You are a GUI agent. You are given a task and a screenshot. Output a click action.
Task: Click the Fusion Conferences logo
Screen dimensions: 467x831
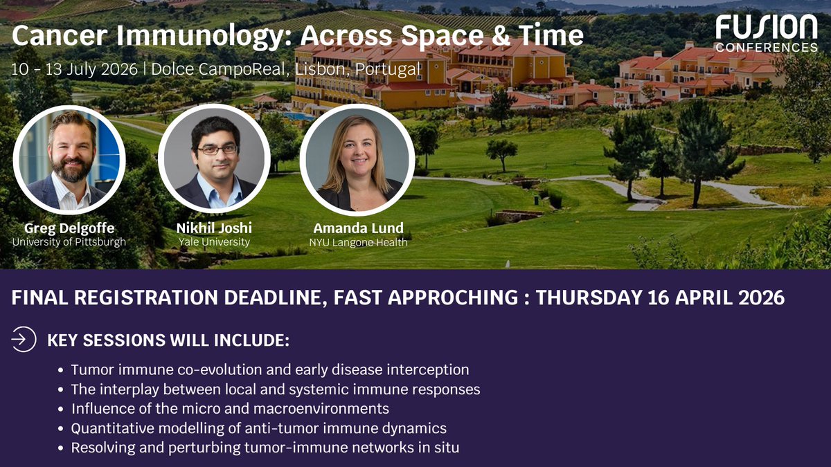pyautogui.click(x=767, y=34)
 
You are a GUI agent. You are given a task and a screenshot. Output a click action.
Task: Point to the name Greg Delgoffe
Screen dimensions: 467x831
pyautogui.click(x=69, y=228)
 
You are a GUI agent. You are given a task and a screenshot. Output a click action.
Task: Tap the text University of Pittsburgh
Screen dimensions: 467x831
pyautogui.click(x=69, y=242)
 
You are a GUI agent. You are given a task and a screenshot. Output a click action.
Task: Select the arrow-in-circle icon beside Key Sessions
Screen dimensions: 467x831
pyautogui.click(x=24, y=340)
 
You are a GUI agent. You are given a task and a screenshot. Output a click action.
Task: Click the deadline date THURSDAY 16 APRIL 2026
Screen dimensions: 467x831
pyautogui.click(x=660, y=297)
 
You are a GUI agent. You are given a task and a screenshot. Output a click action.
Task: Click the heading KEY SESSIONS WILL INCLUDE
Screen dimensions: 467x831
pyautogui.click(x=168, y=340)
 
